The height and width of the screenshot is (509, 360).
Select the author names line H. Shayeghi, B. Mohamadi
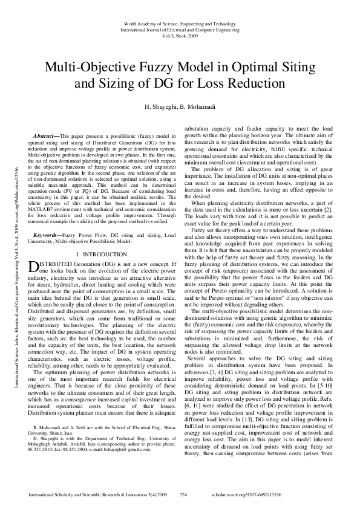(180, 106)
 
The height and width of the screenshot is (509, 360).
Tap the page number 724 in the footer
(184, 494)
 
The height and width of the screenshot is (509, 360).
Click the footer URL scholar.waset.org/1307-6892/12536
(291, 494)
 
